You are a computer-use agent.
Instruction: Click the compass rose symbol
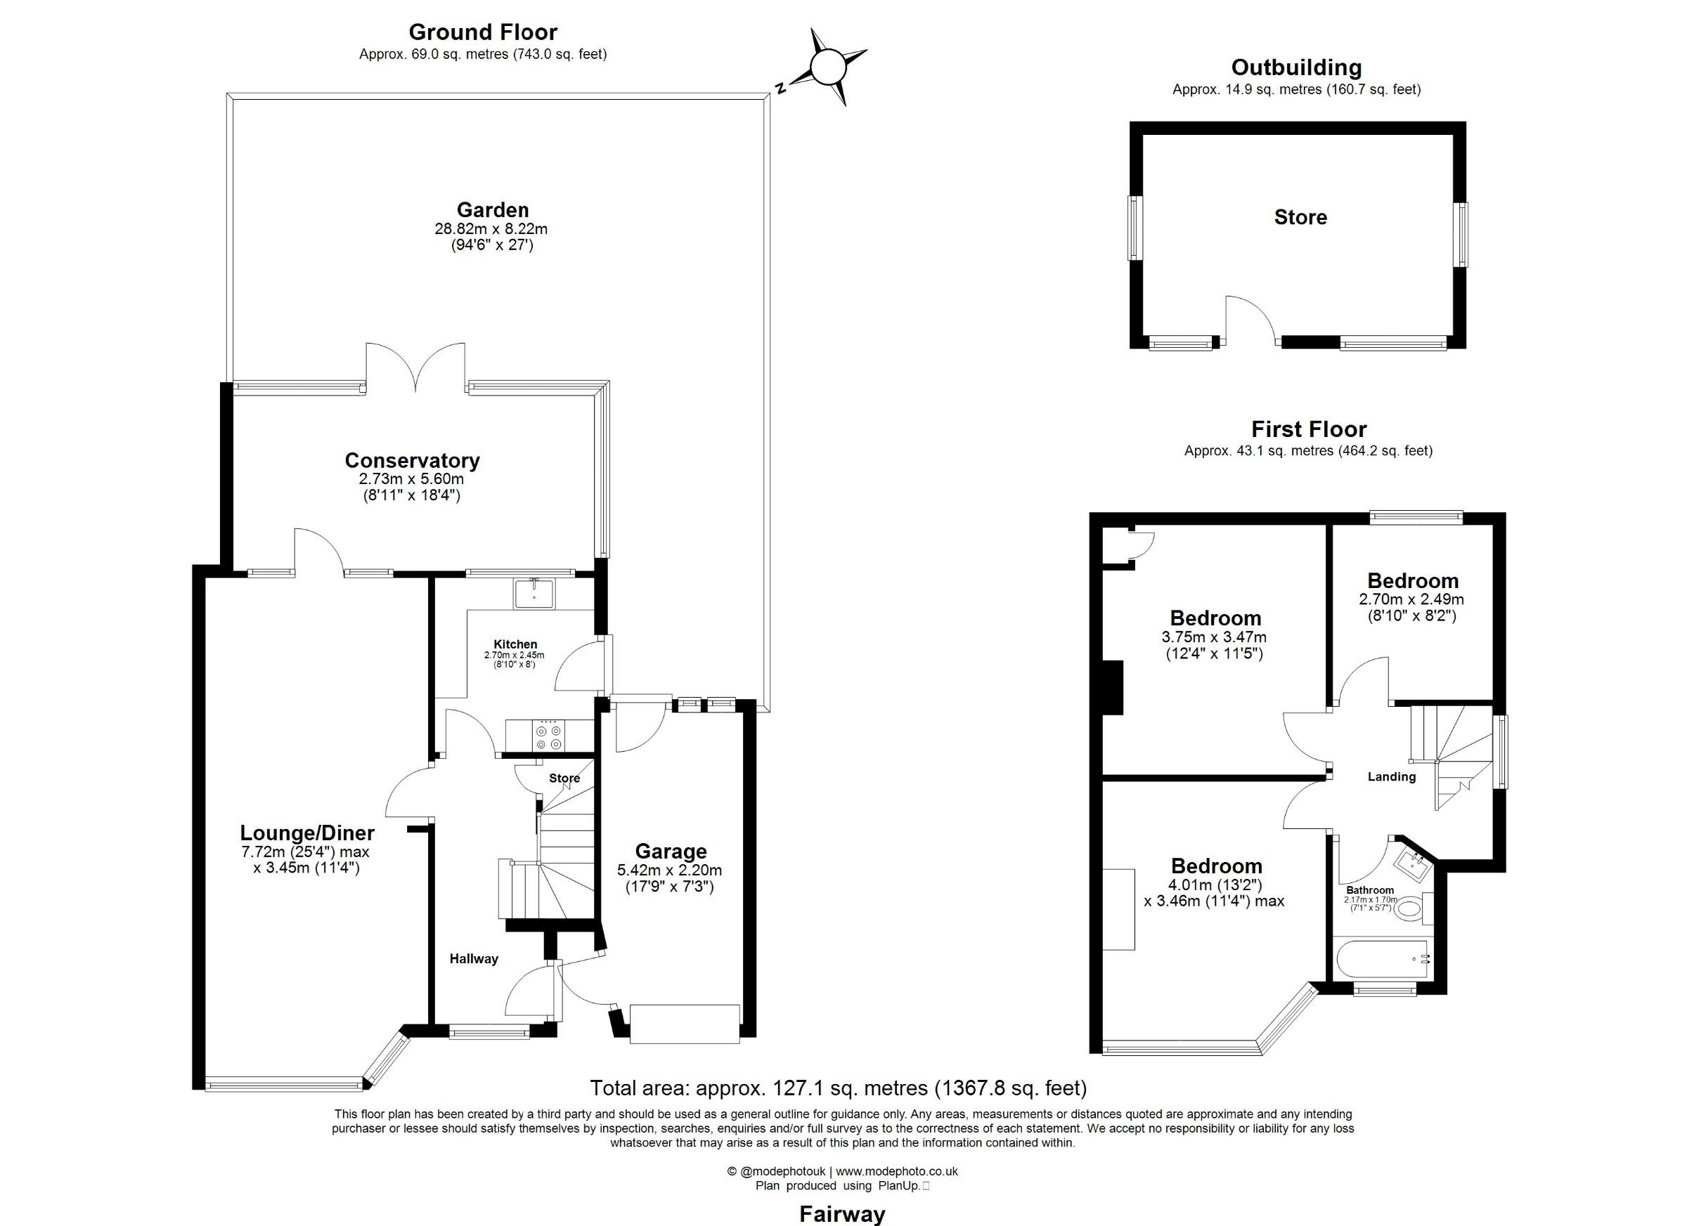[827, 67]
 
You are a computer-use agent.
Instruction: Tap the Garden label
[493, 209]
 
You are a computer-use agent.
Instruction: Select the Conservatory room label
[412, 460]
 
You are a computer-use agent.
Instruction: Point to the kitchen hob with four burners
[550, 736]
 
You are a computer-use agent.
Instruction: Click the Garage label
[671, 852]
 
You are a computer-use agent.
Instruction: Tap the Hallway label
[474, 959]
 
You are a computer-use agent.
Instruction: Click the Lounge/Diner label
[307, 833]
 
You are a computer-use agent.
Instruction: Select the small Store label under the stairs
[564, 778]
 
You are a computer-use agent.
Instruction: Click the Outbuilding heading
[1296, 67]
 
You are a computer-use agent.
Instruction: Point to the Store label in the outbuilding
[1300, 217]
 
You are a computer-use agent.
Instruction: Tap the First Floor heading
[1308, 429]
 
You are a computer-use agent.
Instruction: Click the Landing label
[1392, 777]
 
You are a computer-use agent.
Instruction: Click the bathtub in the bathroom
[1383, 959]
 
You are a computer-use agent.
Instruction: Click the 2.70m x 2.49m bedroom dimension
[1411, 599]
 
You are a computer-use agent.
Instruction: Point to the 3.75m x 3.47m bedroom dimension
[1214, 637]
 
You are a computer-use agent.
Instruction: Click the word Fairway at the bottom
[842, 1215]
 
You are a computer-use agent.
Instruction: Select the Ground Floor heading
[483, 33]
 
